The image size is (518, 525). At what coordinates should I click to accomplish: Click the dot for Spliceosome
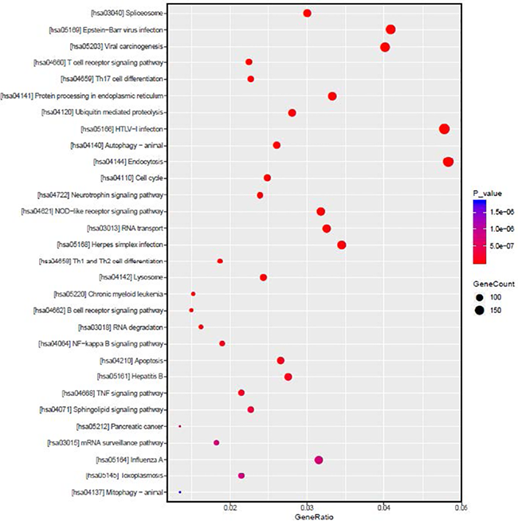[308, 13]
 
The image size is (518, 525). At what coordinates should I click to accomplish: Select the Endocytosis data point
[448, 162]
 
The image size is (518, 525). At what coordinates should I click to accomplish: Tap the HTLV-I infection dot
[445, 129]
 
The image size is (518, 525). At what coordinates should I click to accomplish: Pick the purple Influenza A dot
[319, 460]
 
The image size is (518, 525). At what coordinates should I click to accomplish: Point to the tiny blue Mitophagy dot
[180, 492]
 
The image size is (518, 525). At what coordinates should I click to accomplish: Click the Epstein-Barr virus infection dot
[390, 29]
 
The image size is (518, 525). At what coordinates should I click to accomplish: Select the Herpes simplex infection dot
[342, 245]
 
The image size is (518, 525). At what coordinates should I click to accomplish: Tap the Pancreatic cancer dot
[180, 426]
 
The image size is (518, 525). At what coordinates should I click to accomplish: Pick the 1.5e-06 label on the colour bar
[500, 212]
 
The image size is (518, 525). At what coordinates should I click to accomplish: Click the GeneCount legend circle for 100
[481, 297]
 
